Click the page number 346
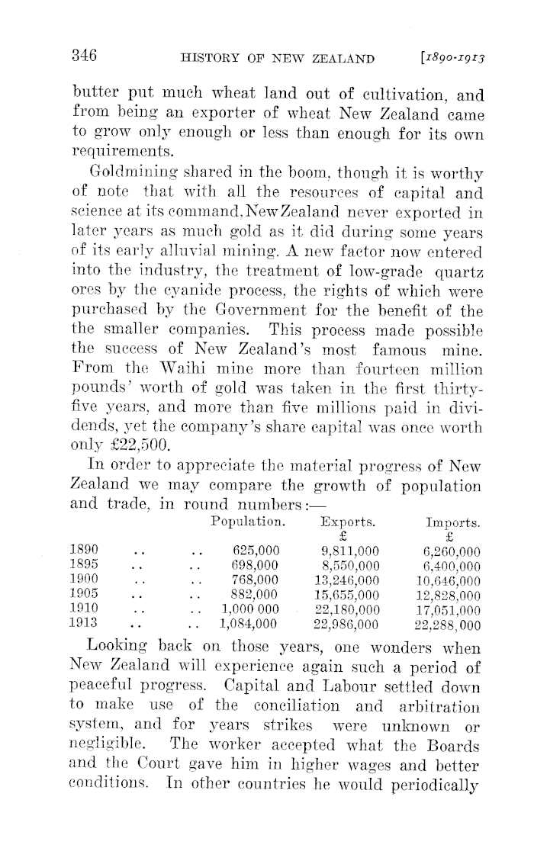pyautogui.click(x=82, y=54)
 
